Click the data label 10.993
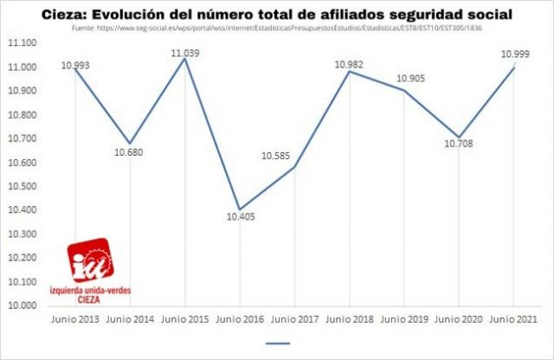click(x=75, y=66)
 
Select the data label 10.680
click(x=129, y=153)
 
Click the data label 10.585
click(x=277, y=157)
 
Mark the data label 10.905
click(x=411, y=80)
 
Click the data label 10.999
click(x=514, y=55)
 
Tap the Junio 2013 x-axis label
click(x=75, y=319)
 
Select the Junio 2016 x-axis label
click(x=240, y=319)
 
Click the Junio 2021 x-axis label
click(x=514, y=319)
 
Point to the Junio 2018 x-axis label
click(x=350, y=319)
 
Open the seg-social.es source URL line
click(x=276, y=27)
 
